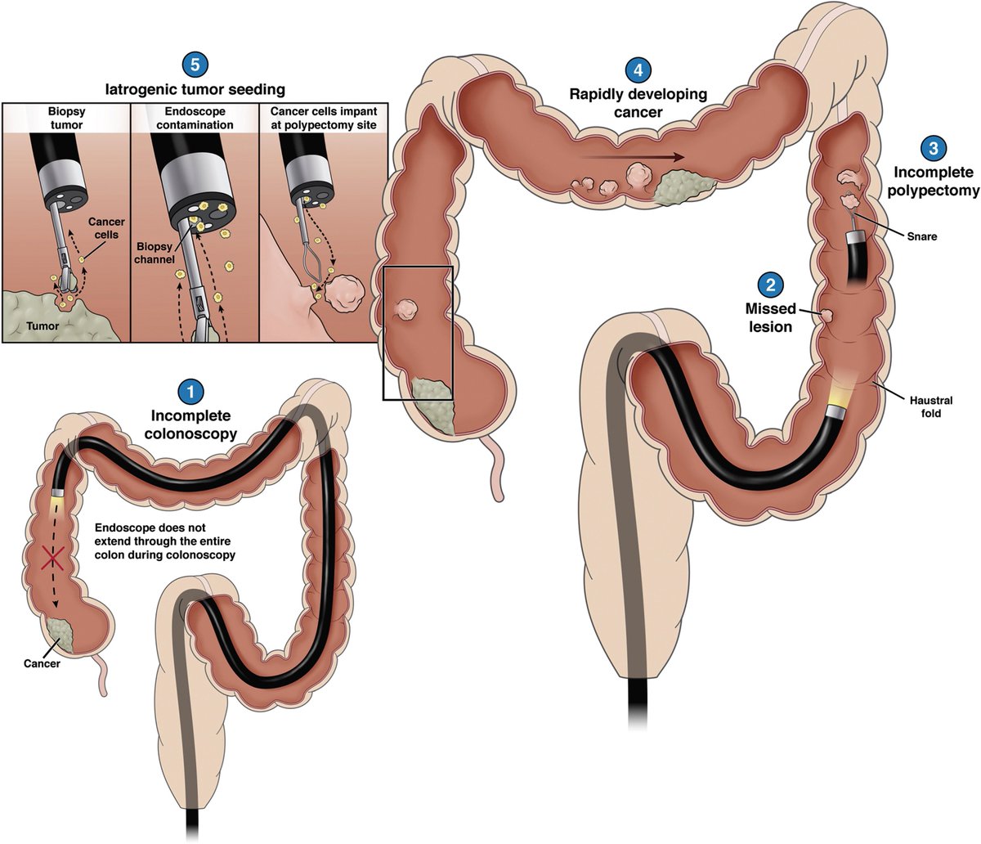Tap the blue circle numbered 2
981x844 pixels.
pyautogui.click(x=768, y=285)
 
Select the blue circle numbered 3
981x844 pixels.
pyautogui.click(x=933, y=147)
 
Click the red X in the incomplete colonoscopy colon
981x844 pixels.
pyautogui.click(x=53, y=559)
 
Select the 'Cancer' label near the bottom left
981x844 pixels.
pyautogui.click(x=42, y=664)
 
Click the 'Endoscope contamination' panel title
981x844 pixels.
pyautogui.click(x=194, y=118)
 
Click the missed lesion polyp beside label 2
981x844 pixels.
pyautogui.click(x=827, y=315)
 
